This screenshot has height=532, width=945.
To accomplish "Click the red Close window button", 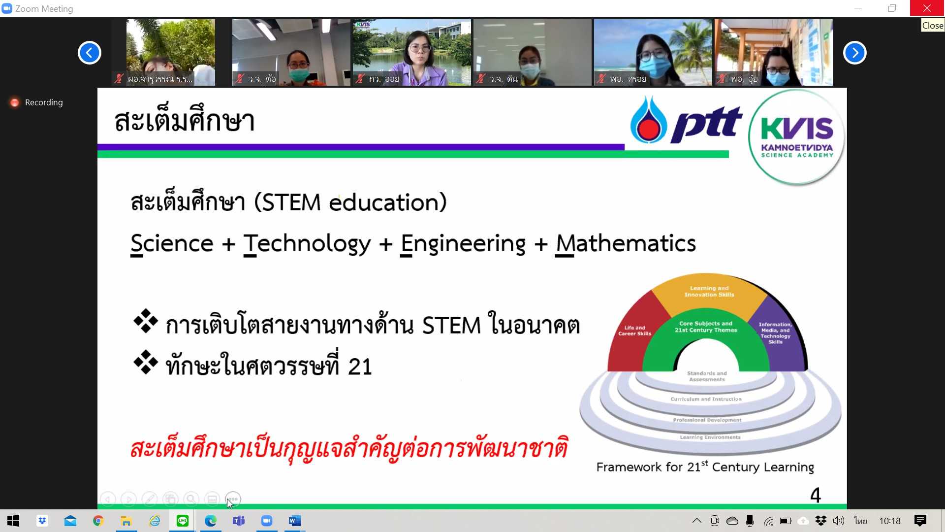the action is pos(927,8).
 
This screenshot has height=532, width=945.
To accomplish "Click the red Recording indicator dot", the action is pos(15,102).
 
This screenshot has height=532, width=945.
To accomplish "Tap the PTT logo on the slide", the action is pos(686,120).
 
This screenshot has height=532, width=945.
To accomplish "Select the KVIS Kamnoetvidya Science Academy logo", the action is pos(796,137).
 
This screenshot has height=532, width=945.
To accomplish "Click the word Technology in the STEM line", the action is pos(307,244).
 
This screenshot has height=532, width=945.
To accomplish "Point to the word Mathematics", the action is pos(626,243).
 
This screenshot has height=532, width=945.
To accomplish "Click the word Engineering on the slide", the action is pos(463,244).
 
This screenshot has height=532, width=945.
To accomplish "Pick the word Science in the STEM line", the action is pos(172,243).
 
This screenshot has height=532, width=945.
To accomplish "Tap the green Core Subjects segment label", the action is pos(706,327).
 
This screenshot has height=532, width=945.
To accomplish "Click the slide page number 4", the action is pos(815,495).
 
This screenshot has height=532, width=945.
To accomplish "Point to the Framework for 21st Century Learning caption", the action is pos(705,466).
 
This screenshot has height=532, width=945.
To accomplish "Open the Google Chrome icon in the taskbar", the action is pos(98,521).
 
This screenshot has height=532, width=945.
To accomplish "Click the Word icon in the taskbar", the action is pos(294,521).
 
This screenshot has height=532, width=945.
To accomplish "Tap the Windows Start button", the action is pos(13,521).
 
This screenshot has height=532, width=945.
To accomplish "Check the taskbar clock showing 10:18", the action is pos(889,521).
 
